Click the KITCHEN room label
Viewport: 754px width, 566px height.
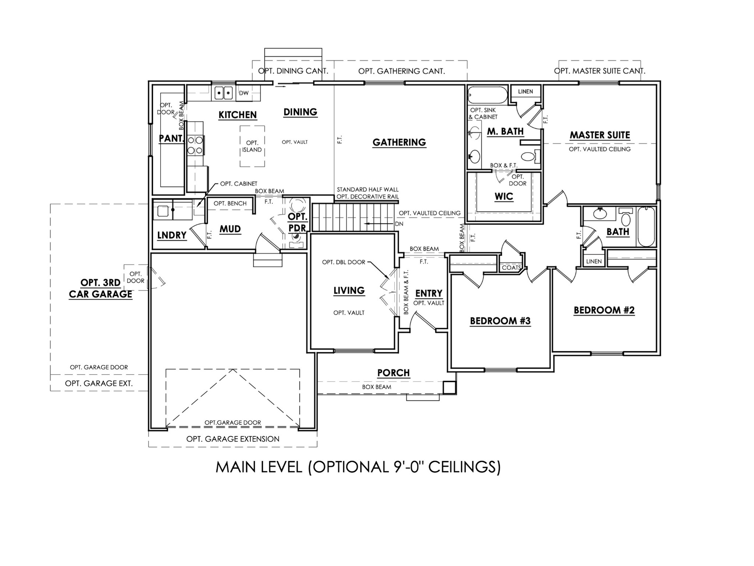(x=237, y=115)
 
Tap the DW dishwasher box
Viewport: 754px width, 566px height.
(x=244, y=93)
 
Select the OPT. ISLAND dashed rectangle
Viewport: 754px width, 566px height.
(x=252, y=146)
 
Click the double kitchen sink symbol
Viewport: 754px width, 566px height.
(x=224, y=92)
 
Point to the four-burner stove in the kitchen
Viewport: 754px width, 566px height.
(x=195, y=145)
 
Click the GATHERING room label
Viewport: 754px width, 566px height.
(x=399, y=142)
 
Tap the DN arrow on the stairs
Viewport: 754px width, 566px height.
(x=376, y=224)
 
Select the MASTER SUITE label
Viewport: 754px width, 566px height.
(x=600, y=135)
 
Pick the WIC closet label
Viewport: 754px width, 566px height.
(x=504, y=196)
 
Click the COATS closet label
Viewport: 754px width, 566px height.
(x=511, y=268)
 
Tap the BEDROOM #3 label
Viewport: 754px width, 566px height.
(x=500, y=321)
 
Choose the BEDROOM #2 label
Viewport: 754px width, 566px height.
(x=604, y=310)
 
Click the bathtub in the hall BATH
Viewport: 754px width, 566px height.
(x=646, y=227)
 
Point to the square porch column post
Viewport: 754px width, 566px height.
(x=449, y=387)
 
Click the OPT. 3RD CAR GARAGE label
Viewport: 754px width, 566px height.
(x=101, y=289)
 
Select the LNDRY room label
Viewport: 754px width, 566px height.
(x=172, y=235)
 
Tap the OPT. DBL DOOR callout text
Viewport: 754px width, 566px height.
(x=343, y=262)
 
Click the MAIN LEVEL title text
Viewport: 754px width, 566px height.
(x=358, y=467)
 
